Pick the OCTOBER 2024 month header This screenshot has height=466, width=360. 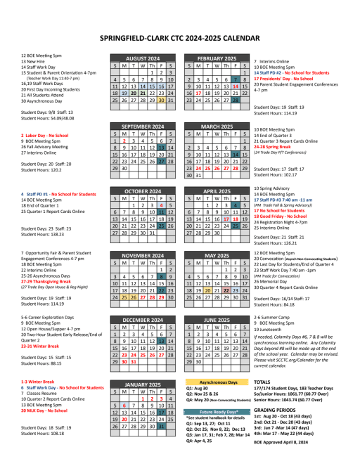(x=143, y=191)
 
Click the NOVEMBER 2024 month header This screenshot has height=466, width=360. (x=143, y=255)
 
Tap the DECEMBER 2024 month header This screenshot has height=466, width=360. (x=143, y=320)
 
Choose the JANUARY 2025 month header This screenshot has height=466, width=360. (x=143, y=385)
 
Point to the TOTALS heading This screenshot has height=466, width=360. (x=263, y=381)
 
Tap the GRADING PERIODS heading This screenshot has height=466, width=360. (x=274, y=409)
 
